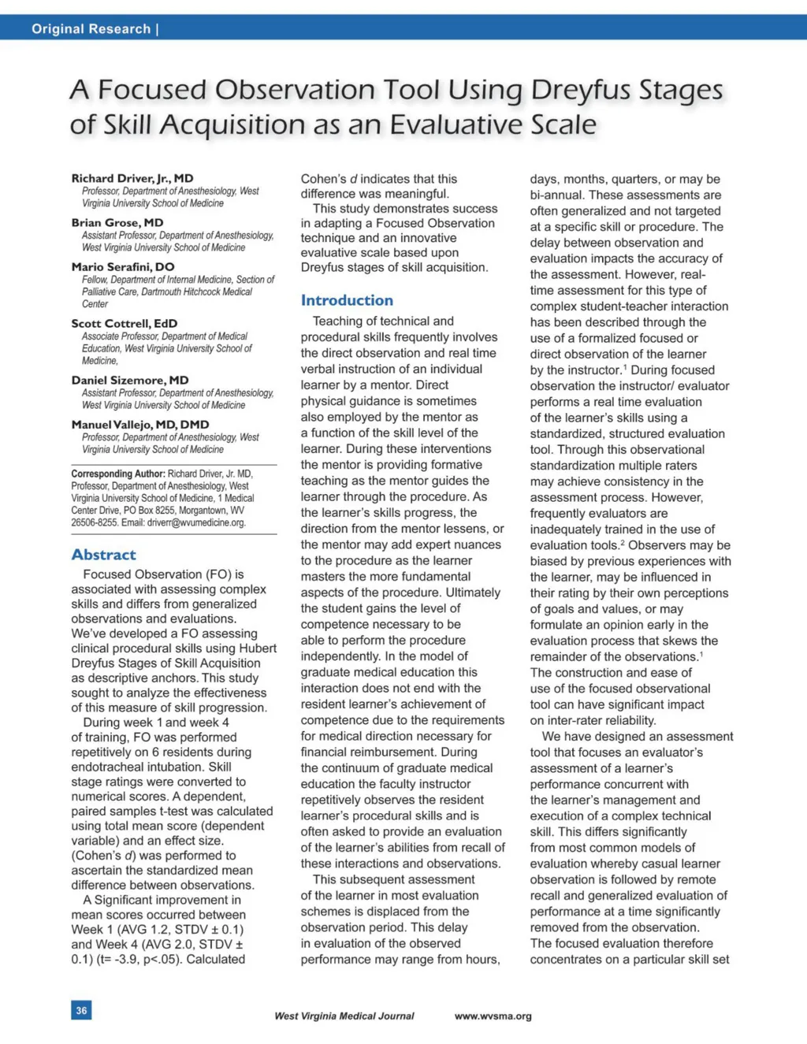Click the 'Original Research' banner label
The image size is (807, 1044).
[x=91, y=29]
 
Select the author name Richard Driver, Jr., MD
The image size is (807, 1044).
[x=132, y=178]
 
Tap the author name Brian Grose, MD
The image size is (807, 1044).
[x=117, y=222]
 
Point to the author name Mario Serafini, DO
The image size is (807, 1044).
[x=122, y=266]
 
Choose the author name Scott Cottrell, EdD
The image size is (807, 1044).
[x=124, y=323]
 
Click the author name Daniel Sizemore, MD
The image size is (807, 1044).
[x=129, y=380]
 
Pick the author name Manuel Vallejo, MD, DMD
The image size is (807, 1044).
[x=139, y=424]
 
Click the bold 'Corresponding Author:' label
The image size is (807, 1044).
[x=118, y=474]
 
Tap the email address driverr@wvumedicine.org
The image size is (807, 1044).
[x=196, y=522]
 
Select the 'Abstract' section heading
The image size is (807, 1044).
[x=103, y=555]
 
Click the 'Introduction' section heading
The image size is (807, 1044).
[x=346, y=300]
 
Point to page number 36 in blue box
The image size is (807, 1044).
[x=81, y=1010]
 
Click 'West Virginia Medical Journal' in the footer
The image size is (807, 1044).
[x=344, y=1016]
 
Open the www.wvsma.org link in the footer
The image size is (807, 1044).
[x=493, y=1016]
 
